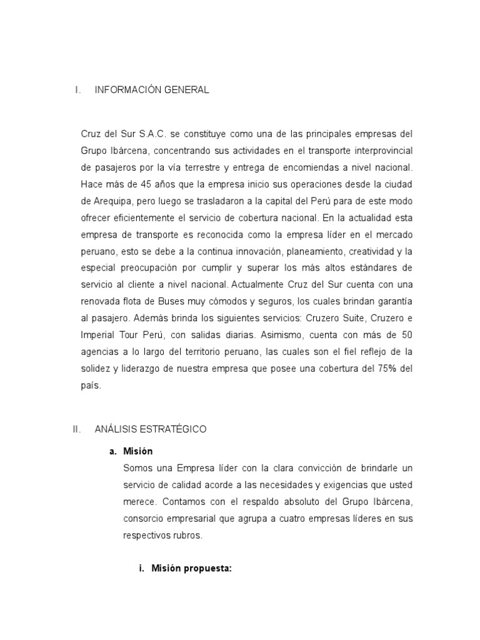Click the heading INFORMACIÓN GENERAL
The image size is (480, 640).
(152, 90)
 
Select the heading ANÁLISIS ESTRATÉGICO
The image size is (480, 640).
(150, 429)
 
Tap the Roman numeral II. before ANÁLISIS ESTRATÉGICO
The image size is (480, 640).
(77, 429)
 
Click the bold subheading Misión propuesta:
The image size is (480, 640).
(191, 569)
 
